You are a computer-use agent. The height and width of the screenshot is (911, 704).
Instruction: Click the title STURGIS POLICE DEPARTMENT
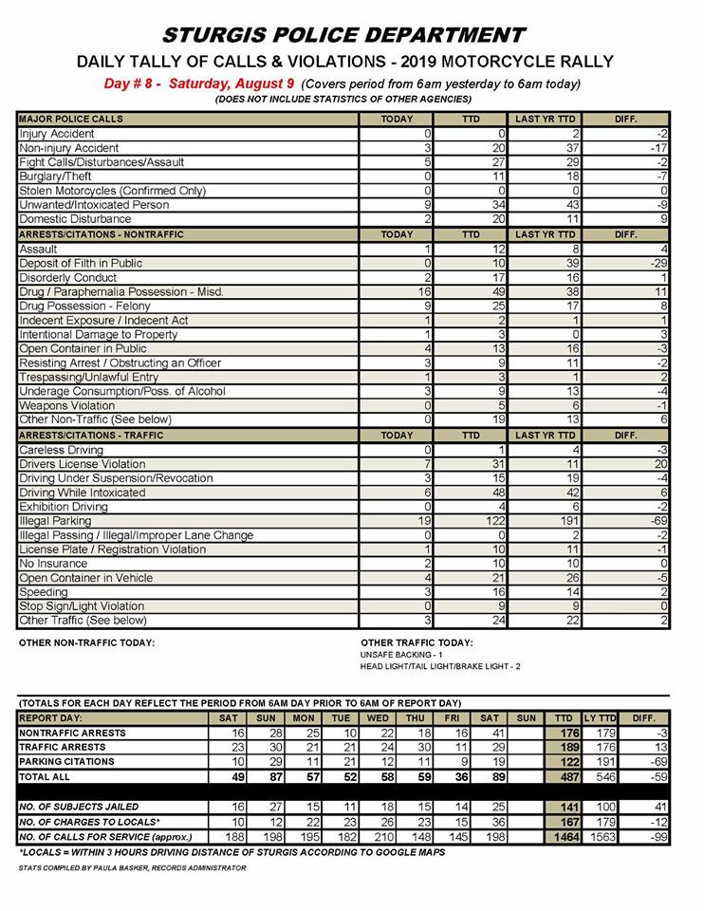point(343,36)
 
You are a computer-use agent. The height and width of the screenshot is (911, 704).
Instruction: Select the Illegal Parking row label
point(56,521)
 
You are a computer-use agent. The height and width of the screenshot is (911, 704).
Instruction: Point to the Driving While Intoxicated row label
point(83,493)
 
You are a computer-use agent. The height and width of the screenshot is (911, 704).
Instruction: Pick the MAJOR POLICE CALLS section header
point(70,120)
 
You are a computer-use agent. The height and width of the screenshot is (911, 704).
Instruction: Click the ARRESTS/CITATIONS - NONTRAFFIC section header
point(102,233)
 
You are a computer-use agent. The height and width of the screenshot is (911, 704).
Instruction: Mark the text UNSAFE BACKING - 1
point(401,655)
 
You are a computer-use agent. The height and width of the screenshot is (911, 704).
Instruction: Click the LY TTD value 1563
point(600,837)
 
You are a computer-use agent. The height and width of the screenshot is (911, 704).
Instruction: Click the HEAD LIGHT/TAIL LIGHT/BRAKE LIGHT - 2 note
point(441,667)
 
